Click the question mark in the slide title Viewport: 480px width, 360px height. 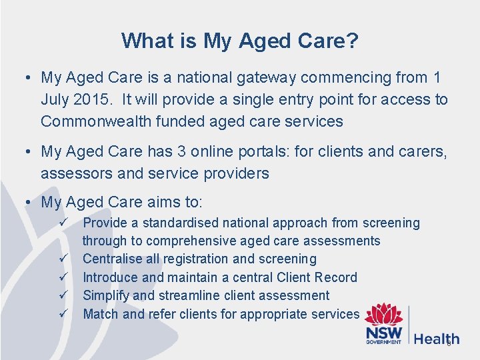tap(351, 41)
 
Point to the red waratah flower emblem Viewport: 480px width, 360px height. tap(383, 315)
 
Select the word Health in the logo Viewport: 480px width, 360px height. tap(436, 339)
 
